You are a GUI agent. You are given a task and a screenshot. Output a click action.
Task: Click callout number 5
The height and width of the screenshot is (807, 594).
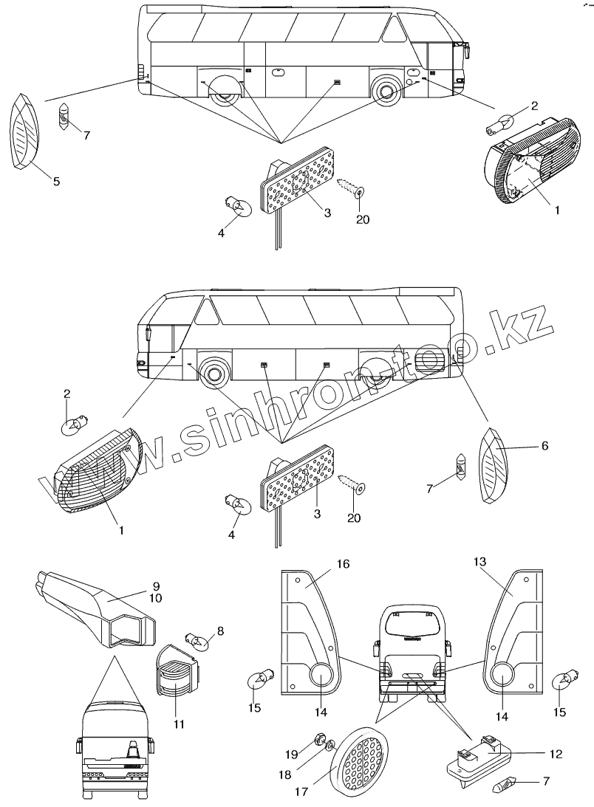pyautogui.click(x=57, y=181)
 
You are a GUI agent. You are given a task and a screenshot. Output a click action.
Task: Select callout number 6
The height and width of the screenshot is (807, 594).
pyautogui.click(x=546, y=446)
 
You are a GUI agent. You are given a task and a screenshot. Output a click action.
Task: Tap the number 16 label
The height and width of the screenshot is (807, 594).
pyautogui.click(x=344, y=564)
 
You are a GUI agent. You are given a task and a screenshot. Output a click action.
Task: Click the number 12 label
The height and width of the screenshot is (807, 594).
pyautogui.click(x=556, y=754)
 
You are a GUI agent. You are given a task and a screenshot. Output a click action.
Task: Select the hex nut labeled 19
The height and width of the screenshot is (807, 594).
pyautogui.click(x=322, y=739)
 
